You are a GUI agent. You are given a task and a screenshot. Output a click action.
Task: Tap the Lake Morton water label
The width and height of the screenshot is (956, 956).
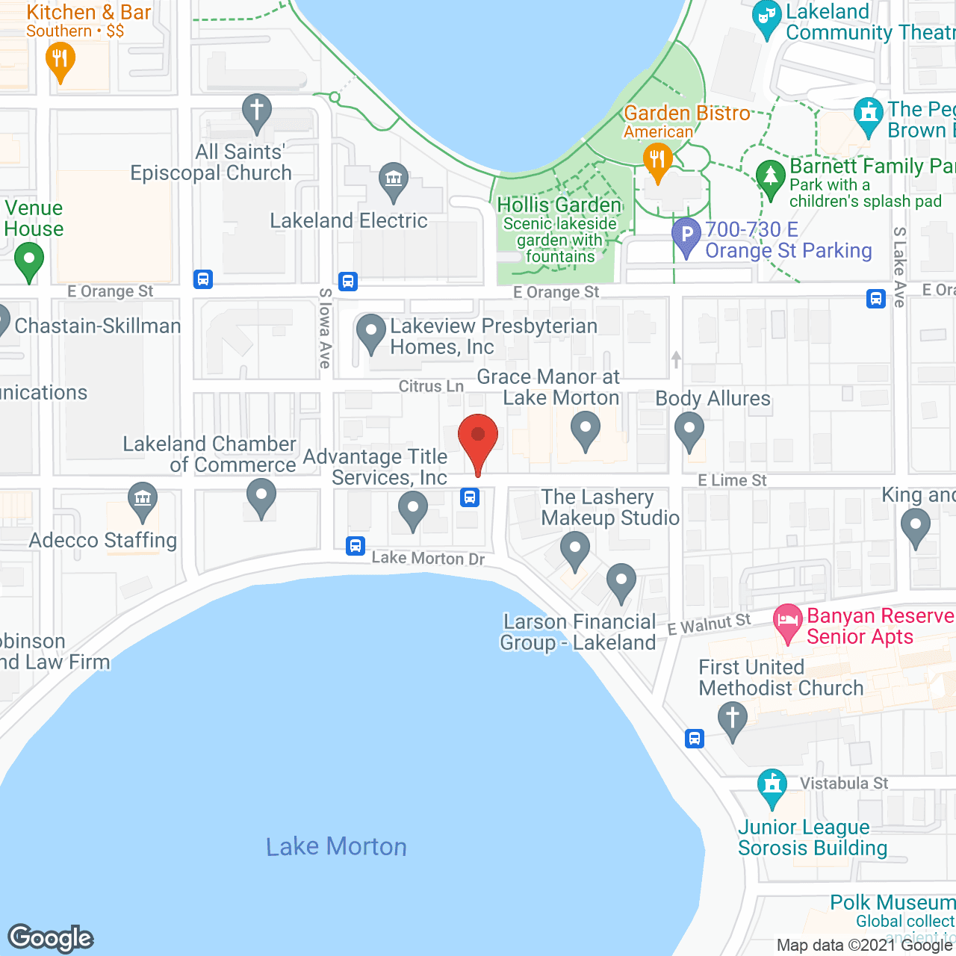[336, 846]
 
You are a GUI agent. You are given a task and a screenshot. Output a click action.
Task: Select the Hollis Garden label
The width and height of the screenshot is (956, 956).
[559, 205]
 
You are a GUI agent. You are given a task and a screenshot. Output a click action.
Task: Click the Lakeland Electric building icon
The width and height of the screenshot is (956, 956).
[393, 180]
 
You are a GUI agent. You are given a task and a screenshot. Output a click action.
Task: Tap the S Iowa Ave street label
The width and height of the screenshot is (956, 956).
[325, 329]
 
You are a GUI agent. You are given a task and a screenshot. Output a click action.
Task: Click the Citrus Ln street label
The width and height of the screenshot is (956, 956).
[431, 386]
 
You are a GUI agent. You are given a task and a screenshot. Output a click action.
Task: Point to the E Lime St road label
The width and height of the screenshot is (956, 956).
[732, 480]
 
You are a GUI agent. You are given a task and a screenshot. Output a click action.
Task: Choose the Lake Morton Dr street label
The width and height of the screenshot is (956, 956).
[428, 558]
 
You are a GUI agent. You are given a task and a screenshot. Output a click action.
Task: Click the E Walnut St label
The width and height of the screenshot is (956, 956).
[709, 624]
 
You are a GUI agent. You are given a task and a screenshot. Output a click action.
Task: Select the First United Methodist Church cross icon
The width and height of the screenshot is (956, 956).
[732, 720]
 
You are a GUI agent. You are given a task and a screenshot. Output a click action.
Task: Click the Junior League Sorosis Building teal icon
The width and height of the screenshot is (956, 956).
[772, 786]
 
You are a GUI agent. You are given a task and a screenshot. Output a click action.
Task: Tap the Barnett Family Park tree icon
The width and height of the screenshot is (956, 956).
[771, 178]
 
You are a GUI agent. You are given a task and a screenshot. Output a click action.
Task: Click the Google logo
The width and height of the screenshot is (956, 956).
[51, 938]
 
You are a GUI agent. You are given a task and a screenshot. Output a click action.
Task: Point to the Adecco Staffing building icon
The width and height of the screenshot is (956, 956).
[142, 499]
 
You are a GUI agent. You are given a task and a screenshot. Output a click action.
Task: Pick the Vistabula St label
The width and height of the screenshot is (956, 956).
[844, 783]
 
